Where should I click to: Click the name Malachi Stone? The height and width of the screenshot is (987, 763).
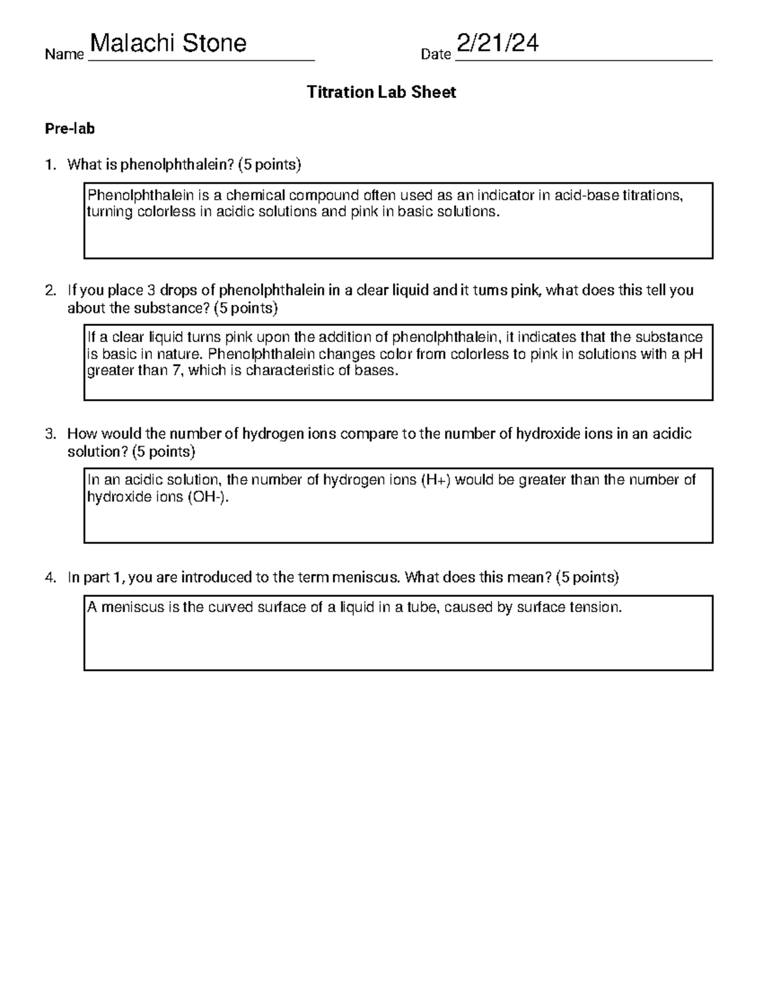[x=168, y=44]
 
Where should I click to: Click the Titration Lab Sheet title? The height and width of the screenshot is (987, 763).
[x=381, y=92]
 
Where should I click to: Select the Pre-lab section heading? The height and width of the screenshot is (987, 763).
[x=69, y=129]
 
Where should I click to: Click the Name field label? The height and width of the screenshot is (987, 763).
[x=64, y=55]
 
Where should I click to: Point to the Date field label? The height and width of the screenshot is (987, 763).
[x=436, y=55]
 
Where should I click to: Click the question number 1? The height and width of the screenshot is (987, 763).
[x=50, y=165]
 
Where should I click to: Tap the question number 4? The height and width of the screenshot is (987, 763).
[x=50, y=578]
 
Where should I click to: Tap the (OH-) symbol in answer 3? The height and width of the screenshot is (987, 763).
[x=207, y=497]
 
